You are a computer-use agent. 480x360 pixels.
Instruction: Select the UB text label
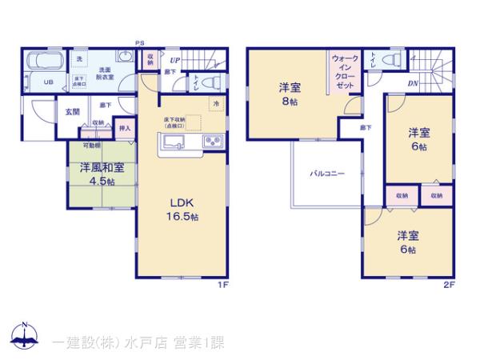[47, 82]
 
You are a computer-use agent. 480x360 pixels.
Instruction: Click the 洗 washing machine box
[79, 58]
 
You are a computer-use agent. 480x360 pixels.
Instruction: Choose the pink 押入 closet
[125, 128]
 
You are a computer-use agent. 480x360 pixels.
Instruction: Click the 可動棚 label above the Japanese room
[90, 146]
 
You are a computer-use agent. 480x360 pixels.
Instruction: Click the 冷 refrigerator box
[215, 104]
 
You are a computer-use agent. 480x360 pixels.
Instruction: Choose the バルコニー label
[327, 173]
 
